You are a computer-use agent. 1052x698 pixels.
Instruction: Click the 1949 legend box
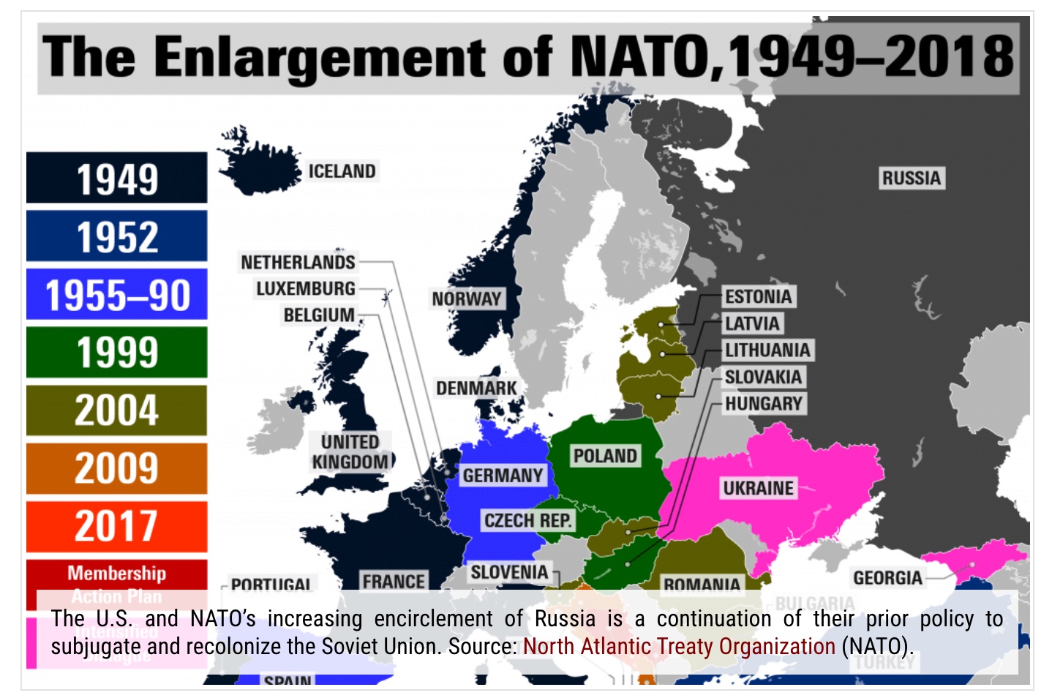coord(117,178)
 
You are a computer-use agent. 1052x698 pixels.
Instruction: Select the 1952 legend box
coord(117,236)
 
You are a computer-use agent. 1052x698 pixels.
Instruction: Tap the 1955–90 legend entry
coord(117,294)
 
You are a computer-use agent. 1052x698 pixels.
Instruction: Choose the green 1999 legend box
coord(117,352)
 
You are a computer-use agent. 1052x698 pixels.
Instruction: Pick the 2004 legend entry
coord(117,410)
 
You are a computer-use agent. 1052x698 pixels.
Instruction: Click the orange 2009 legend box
coord(117,468)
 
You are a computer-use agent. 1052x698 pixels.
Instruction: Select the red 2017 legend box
coord(117,526)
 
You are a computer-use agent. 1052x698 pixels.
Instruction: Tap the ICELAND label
coord(342,171)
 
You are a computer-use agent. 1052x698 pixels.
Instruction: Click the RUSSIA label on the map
coord(911,178)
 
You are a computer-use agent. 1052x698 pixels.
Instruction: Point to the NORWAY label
coord(466,299)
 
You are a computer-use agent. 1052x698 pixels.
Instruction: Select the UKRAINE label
coord(758,488)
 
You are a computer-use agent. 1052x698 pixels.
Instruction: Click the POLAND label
coord(605,456)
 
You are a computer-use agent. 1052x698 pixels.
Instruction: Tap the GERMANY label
coord(503,476)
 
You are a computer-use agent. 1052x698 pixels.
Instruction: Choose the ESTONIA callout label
coord(758,296)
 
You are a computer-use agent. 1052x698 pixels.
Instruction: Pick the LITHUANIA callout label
coord(767,350)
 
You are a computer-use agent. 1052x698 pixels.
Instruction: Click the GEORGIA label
coord(887,578)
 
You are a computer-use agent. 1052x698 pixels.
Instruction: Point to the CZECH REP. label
coord(527,520)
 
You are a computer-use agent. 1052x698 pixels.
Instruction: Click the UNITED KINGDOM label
coord(350,452)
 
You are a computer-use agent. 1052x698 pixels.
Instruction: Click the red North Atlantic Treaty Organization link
coord(679,646)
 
